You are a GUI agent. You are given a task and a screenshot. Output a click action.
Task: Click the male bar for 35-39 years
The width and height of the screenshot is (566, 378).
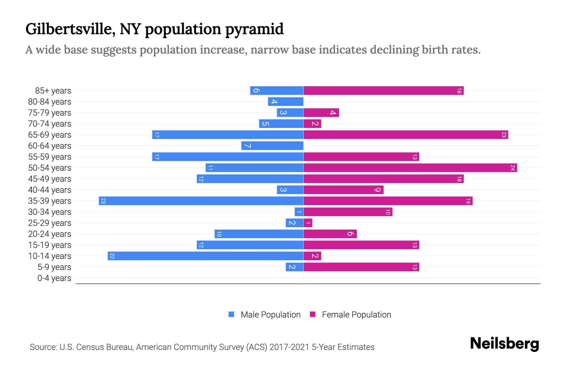click(x=201, y=201)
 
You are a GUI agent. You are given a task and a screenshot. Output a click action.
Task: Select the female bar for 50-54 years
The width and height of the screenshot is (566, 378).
click(x=410, y=168)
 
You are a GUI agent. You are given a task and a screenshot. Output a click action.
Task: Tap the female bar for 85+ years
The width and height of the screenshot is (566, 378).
click(x=383, y=90)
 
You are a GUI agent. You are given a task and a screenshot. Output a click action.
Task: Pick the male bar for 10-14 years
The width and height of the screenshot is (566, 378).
click(x=205, y=256)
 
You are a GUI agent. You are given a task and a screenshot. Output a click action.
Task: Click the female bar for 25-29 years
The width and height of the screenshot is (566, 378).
click(x=308, y=223)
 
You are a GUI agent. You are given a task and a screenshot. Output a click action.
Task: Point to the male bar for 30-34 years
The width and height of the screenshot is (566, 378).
click(x=299, y=212)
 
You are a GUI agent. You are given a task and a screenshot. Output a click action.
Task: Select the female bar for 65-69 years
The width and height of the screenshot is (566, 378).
click(x=406, y=135)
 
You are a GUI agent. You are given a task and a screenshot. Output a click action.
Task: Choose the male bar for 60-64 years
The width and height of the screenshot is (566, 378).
click(x=272, y=146)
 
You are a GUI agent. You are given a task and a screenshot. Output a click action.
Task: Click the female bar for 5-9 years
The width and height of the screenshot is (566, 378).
click(x=361, y=267)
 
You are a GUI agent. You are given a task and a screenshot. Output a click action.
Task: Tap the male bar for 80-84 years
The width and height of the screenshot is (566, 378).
click(x=286, y=101)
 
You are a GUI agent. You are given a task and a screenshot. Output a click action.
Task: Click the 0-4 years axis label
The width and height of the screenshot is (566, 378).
click(x=54, y=278)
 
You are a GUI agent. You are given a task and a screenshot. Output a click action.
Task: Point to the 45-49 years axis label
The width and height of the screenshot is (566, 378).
click(x=50, y=179)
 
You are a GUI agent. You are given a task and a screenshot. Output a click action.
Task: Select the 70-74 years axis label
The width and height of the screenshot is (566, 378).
click(x=50, y=124)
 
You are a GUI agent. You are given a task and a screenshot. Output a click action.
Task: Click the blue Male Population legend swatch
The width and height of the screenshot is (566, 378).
click(x=231, y=314)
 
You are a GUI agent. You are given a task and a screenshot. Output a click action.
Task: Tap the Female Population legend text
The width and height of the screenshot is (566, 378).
click(x=356, y=314)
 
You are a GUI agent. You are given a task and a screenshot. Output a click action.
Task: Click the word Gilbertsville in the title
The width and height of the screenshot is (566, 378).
click(x=68, y=29)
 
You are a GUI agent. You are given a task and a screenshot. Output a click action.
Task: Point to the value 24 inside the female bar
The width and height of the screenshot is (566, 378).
click(x=513, y=168)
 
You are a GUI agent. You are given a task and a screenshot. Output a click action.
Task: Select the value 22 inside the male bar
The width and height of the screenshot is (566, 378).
click(x=112, y=256)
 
